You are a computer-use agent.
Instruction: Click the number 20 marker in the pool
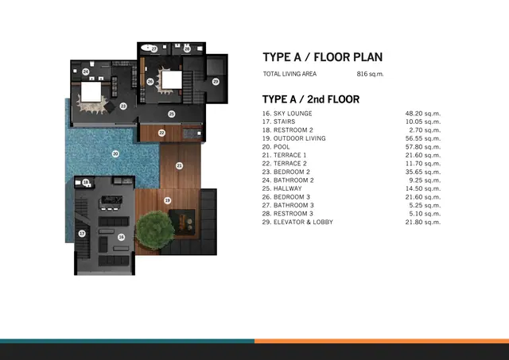click(x=115, y=153)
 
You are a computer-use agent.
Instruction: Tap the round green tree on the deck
click(x=154, y=230)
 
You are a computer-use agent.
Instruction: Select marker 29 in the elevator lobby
click(x=216, y=81)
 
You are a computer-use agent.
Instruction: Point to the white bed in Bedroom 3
click(x=172, y=79)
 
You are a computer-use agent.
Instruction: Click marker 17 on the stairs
click(x=82, y=233)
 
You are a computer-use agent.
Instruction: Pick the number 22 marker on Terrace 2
click(x=161, y=133)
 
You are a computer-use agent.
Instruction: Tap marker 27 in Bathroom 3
click(x=154, y=49)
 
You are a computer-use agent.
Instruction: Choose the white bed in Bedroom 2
click(x=91, y=92)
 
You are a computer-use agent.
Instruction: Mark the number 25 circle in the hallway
click(x=172, y=114)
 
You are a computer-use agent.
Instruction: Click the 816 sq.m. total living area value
click(x=370, y=74)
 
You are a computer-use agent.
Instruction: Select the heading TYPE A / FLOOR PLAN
click(x=323, y=57)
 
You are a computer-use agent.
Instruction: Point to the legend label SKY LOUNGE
click(x=293, y=114)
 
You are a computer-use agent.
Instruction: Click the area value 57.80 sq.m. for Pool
click(x=422, y=147)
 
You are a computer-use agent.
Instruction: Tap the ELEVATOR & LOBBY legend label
click(x=303, y=223)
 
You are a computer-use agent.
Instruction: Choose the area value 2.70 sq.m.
click(x=425, y=130)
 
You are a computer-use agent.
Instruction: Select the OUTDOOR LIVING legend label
click(x=300, y=138)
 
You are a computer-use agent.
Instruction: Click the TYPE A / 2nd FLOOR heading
click(x=311, y=99)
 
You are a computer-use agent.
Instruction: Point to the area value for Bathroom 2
click(x=425, y=180)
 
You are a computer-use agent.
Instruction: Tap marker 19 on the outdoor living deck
click(x=168, y=200)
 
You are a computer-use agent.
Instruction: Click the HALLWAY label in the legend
click(x=288, y=189)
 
